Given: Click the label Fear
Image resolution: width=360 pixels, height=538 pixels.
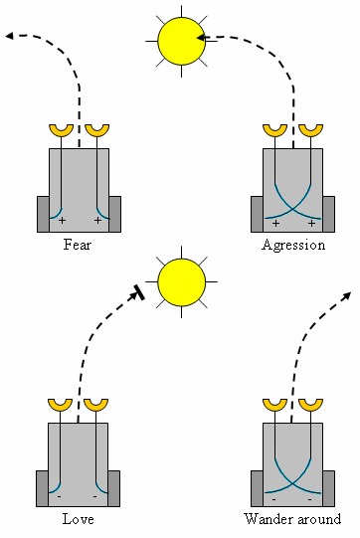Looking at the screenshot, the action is point(78,245).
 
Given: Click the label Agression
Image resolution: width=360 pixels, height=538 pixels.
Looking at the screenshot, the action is point(293,246).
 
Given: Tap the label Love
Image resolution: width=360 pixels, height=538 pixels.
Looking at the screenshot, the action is point(78,519).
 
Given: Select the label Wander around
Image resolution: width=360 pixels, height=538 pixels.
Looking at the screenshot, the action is point(292,519).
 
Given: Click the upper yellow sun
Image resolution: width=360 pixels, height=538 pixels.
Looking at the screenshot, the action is point(182,41).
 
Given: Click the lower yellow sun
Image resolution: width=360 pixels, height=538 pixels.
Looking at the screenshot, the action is point(182,282).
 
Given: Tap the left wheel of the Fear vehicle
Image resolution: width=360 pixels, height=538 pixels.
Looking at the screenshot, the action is point(43,215).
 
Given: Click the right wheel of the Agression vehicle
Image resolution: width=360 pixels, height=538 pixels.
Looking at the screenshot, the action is point(329,215).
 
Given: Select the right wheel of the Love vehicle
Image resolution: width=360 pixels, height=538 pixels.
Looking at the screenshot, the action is point(114,488).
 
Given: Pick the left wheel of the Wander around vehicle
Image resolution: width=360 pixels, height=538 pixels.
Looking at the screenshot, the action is point(257,488).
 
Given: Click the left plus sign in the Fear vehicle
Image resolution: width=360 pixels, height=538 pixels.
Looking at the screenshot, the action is point(62,221).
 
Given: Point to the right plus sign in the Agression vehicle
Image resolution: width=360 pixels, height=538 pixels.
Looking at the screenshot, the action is point(311,224).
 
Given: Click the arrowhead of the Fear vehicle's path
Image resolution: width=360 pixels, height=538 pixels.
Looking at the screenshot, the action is point(10,36).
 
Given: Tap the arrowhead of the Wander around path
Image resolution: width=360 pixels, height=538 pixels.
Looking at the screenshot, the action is point(347,295).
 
